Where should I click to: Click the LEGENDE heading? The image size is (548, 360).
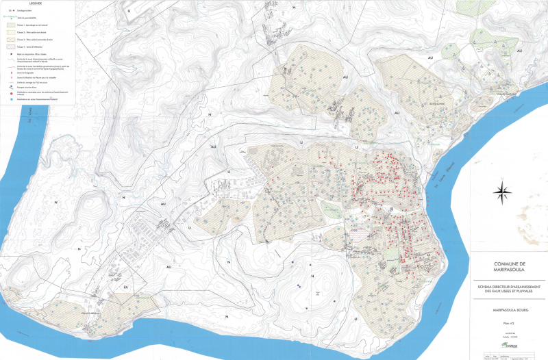pos(36,3)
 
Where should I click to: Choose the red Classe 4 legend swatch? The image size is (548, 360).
pos(12,47)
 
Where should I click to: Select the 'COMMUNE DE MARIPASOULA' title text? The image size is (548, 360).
pos(508,266)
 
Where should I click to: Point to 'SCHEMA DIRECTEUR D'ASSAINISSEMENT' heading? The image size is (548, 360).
pos(508,287)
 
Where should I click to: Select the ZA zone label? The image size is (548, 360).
pos(125,288)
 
